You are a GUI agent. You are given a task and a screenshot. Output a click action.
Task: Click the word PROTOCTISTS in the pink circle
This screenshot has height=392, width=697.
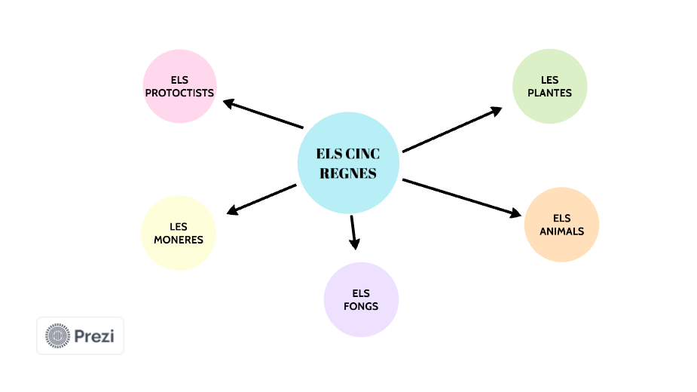[179, 93]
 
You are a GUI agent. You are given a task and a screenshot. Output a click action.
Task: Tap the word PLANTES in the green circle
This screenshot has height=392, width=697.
[549, 93]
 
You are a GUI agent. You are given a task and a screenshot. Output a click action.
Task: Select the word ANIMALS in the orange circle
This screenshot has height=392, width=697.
[561, 231]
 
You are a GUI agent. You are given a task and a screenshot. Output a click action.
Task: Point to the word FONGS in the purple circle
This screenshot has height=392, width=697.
[361, 306]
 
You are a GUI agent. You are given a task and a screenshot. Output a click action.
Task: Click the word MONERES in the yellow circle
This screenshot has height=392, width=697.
[179, 240]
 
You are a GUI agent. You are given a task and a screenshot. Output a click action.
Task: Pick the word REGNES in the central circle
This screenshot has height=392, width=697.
[348, 173]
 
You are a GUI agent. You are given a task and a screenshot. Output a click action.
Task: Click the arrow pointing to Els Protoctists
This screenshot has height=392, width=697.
[262, 114]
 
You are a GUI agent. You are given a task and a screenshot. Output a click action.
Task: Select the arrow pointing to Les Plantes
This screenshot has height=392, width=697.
[452, 129]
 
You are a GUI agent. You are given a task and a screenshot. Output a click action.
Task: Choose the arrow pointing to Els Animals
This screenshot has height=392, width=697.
[461, 198]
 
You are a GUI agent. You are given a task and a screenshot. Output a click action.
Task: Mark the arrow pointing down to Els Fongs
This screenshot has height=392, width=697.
[353, 232]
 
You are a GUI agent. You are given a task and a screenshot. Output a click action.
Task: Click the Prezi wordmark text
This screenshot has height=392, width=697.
[94, 335]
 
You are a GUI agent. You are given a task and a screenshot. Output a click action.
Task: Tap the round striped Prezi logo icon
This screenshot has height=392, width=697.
[57, 335]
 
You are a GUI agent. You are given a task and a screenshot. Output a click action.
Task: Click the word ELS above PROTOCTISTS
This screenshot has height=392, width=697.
[179, 80]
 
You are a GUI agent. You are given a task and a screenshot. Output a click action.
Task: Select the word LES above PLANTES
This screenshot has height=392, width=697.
[549, 80]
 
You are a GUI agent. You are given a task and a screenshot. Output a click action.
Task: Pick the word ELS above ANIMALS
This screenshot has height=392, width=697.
[561, 219]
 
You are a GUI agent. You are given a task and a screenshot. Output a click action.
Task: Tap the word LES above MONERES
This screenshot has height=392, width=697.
[179, 226]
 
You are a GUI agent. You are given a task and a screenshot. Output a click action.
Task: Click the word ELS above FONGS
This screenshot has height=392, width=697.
[361, 293]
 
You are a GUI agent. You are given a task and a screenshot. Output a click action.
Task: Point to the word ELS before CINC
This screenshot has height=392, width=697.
[329, 154]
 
